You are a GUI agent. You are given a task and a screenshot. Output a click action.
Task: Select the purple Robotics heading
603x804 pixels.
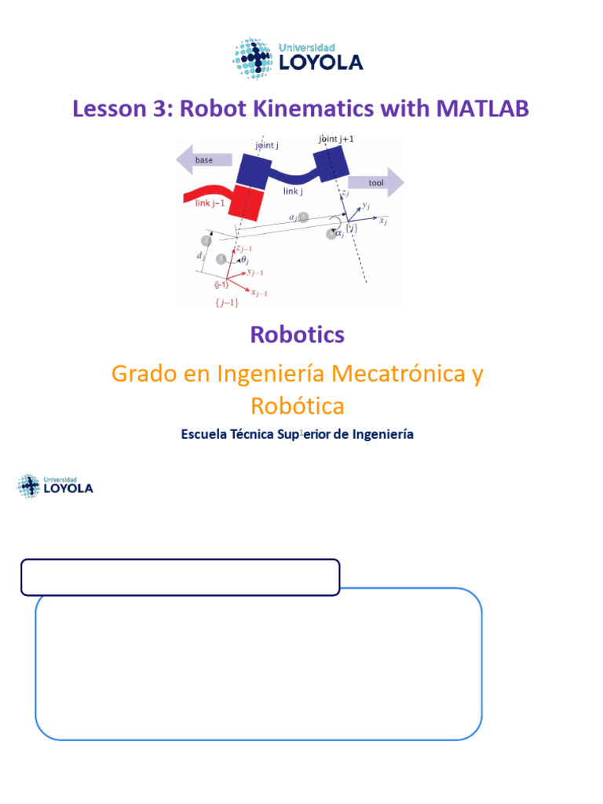click(297, 334)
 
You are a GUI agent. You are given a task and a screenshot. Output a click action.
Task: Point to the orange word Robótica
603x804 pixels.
click(297, 406)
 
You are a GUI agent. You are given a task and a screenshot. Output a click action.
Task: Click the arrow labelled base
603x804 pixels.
click(203, 160)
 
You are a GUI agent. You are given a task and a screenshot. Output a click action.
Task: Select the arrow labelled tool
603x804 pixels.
click(375, 182)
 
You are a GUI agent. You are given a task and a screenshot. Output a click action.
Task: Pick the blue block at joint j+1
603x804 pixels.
click(331, 163)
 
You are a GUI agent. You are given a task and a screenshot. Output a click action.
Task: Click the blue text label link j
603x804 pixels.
click(293, 191)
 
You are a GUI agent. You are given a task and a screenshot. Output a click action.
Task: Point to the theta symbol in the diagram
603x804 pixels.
click(243, 258)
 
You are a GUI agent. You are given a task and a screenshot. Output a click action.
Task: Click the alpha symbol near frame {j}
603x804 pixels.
click(339, 232)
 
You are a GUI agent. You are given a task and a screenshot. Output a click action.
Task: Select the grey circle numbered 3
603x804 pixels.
click(304, 216)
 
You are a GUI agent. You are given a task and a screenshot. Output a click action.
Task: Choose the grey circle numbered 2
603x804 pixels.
click(206, 241)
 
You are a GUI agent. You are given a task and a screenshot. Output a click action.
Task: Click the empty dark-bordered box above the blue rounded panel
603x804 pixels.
click(180, 577)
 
